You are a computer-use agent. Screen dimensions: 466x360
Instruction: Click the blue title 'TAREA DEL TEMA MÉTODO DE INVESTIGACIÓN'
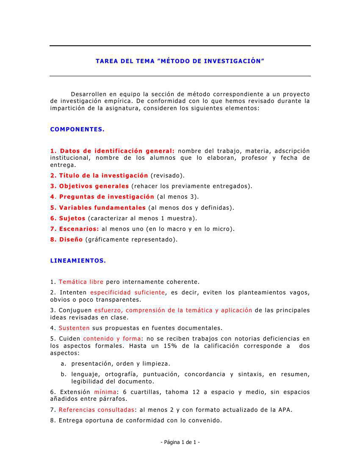[x=180, y=61]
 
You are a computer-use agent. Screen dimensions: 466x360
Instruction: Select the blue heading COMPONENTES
[x=77, y=129]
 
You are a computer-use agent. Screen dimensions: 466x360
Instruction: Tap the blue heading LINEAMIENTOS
[x=78, y=261]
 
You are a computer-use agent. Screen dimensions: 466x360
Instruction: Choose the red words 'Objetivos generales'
[x=94, y=186]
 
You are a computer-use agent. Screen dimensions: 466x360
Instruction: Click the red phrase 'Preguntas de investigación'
[x=106, y=197]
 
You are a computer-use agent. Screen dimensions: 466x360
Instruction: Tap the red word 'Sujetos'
[x=72, y=218]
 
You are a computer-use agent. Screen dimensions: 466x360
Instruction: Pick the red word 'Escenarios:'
[x=79, y=229]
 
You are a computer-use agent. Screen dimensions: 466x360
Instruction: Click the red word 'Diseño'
[x=71, y=239]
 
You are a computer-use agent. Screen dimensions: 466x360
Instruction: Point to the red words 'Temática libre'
[x=81, y=282]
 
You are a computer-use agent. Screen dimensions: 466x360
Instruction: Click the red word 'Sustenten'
[x=74, y=328]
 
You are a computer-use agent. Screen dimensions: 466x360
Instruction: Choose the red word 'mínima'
[x=105, y=392]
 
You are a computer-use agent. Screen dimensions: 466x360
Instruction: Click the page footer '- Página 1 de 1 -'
[x=180, y=442]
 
